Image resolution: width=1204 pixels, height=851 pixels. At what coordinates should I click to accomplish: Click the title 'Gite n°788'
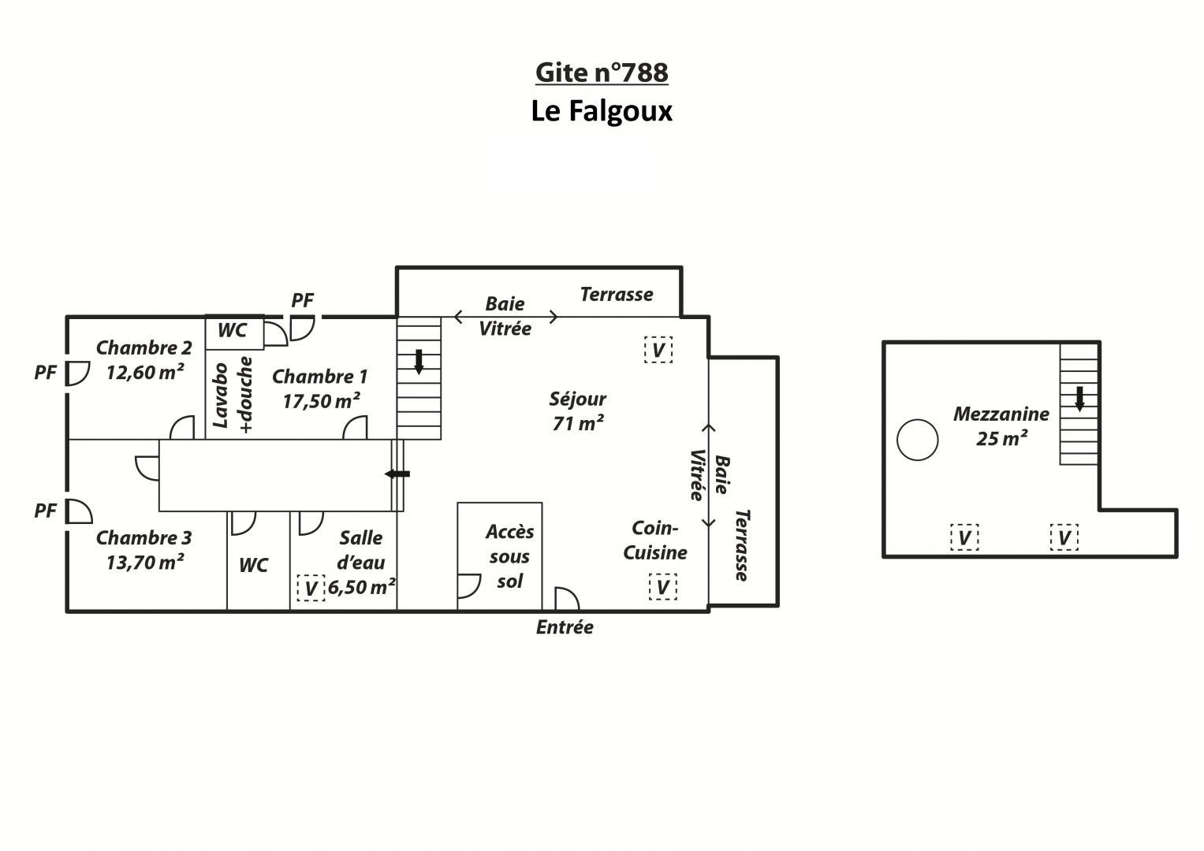click(x=602, y=73)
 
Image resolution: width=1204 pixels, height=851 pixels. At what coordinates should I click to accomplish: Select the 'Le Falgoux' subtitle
click(x=602, y=111)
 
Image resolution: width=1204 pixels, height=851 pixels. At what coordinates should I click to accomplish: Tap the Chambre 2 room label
click(x=144, y=347)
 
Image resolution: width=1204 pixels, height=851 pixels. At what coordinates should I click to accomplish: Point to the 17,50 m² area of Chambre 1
click(x=322, y=401)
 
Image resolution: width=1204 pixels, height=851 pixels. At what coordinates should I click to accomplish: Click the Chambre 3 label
click(x=144, y=537)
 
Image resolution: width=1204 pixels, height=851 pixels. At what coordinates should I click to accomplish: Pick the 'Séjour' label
click(x=577, y=399)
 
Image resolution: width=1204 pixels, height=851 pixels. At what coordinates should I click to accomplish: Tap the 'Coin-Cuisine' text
click(x=654, y=541)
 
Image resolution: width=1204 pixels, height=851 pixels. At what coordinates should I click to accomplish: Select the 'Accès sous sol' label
click(x=509, y=556)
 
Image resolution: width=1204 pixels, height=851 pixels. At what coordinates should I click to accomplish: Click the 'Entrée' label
click(x=565, y=627)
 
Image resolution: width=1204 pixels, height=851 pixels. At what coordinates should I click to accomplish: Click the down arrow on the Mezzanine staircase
click(x=1079, y=399)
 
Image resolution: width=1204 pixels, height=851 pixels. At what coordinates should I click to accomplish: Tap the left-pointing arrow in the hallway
click(x=397, y=474)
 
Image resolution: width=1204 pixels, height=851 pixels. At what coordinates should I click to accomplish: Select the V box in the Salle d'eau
click(x=311, y=588)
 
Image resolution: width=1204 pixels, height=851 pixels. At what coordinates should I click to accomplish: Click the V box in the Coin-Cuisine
click(x=663, y=586)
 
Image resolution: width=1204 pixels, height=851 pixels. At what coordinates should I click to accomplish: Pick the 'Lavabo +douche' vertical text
click(x=233, y=394)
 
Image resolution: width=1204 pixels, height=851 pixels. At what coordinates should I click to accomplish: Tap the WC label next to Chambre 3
click(x=253, y=565)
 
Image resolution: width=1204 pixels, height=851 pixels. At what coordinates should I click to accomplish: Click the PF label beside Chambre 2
click(x=45, y=372)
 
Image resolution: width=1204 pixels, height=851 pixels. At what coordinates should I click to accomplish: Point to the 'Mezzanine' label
click(x=1001, y=414)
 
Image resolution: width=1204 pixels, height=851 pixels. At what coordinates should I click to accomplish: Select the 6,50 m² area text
click(x=362, y=587)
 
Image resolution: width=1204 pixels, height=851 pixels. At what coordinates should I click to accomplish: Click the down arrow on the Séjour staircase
click(x=419, y=362)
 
